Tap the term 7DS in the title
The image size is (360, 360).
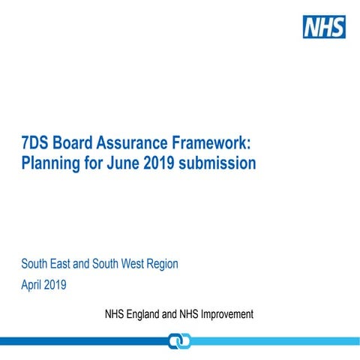[x=35, y=142]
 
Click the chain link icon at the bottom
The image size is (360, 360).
[x=179, y=341]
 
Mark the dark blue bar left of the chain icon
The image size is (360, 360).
[x=82, y=341]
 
